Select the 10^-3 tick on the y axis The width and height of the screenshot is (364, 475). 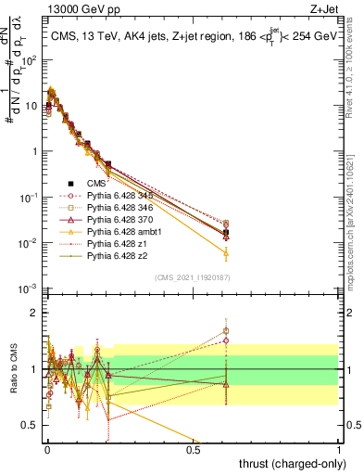31,289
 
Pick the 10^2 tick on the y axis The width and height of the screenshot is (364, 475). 31,59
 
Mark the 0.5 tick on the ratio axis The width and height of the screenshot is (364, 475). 31,424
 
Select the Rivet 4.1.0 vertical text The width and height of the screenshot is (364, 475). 358,74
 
